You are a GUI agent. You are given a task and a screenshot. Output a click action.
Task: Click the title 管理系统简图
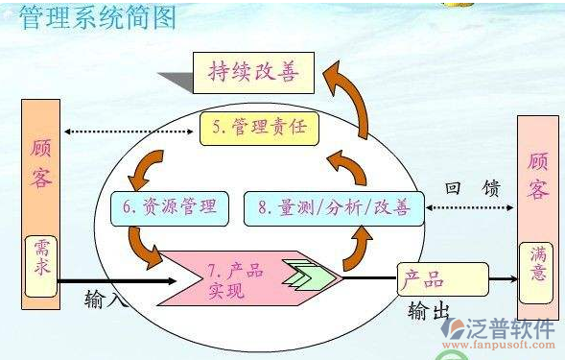100,19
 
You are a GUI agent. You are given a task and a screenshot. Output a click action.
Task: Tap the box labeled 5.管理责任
258,127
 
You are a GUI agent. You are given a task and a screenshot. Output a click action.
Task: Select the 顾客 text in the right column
538,173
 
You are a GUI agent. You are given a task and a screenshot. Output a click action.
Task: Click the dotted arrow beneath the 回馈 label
470,206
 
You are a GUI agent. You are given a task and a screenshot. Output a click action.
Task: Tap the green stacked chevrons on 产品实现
308,278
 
